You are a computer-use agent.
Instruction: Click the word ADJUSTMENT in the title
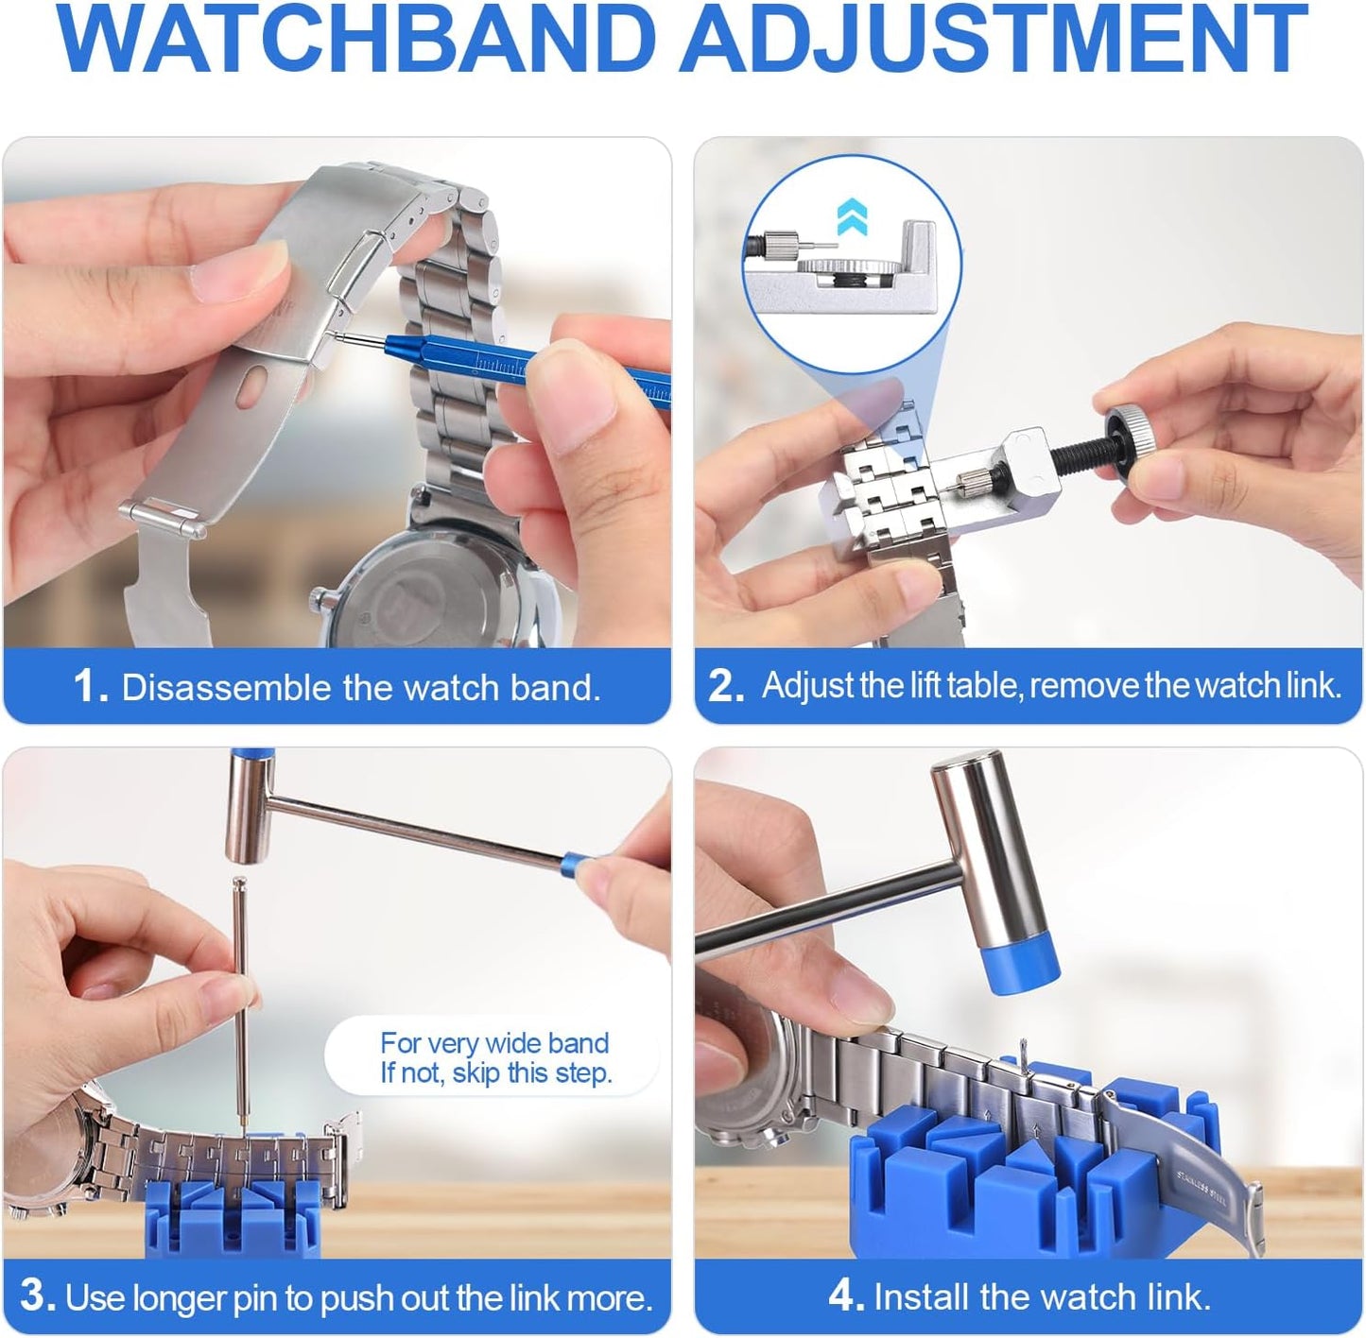(993, 42)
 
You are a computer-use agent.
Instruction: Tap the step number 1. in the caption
(91, 687)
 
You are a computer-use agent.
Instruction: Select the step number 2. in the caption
(726, 686)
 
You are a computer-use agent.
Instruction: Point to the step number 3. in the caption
(38, 1296)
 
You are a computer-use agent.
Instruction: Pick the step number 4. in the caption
(846, 1296)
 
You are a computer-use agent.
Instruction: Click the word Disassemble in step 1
(227, 688)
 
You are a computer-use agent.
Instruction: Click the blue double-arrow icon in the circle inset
(853, 217)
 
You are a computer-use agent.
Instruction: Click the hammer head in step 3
(249, 807)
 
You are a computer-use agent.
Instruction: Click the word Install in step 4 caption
(923, 1297)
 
